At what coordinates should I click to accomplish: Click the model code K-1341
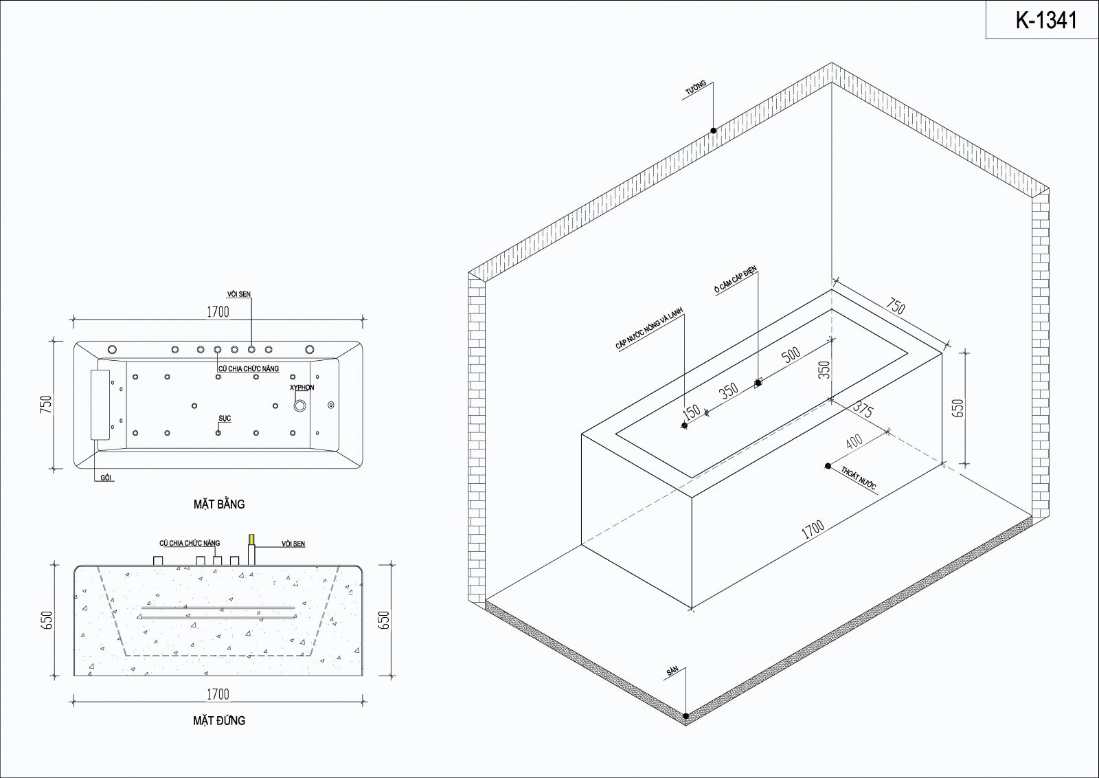click(x=1045, y=20)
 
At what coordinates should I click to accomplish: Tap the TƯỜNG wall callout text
click(x=696, y=88)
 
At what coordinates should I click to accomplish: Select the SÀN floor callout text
click(x=672, y=671)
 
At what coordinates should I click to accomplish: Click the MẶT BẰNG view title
click(x=219, y=504)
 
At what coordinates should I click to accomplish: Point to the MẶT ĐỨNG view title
click(x=219, y=720)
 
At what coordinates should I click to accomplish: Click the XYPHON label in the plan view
click(x=302, y=388)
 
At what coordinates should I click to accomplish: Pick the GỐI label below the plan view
click(x=106, y=478)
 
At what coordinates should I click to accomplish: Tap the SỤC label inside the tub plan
click(x=225, y=418)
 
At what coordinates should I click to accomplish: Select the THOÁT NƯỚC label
click(x=859, y=478)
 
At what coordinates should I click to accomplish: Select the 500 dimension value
click(x=791, y=354)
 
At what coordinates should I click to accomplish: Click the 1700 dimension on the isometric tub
click(x=813, y=530)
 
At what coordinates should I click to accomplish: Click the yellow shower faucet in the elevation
click(x=251, y=540)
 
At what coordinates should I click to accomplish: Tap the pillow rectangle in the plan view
click(x=100, y=404)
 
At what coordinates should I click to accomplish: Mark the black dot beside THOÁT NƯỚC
click(x=828, y=466)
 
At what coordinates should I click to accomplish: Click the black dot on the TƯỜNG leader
click(x=714, y=131)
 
